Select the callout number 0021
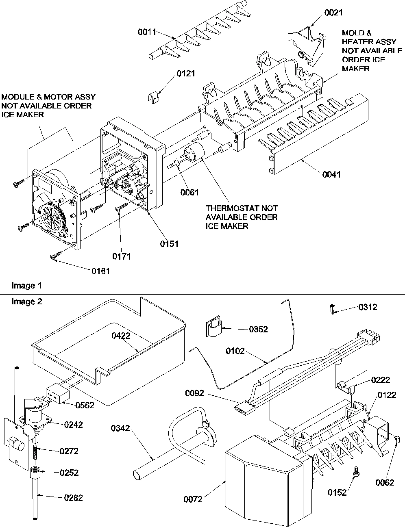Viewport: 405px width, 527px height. point(333,13)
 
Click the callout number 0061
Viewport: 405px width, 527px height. point(189,192)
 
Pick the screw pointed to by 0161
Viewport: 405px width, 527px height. point(55,256)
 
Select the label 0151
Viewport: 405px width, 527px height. point(169,244)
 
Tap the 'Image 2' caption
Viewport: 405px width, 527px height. point(26,301)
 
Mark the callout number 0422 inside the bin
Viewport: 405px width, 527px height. point(121,336)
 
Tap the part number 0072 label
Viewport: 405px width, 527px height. point(193,499)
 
